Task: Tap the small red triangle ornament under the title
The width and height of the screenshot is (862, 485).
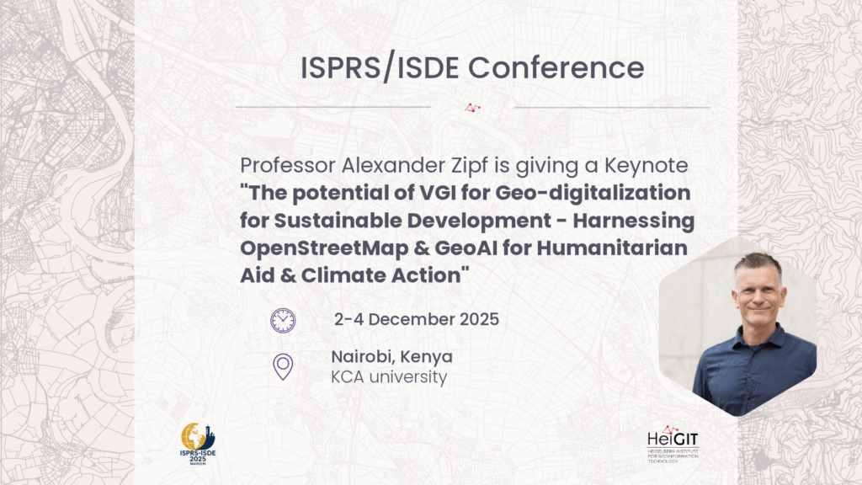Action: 473,107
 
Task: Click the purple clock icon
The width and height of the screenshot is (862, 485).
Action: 283,320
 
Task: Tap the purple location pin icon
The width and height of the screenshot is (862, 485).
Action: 283,367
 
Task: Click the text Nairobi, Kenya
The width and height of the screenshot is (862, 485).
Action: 391,356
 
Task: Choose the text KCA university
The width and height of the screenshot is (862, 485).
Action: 389,377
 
